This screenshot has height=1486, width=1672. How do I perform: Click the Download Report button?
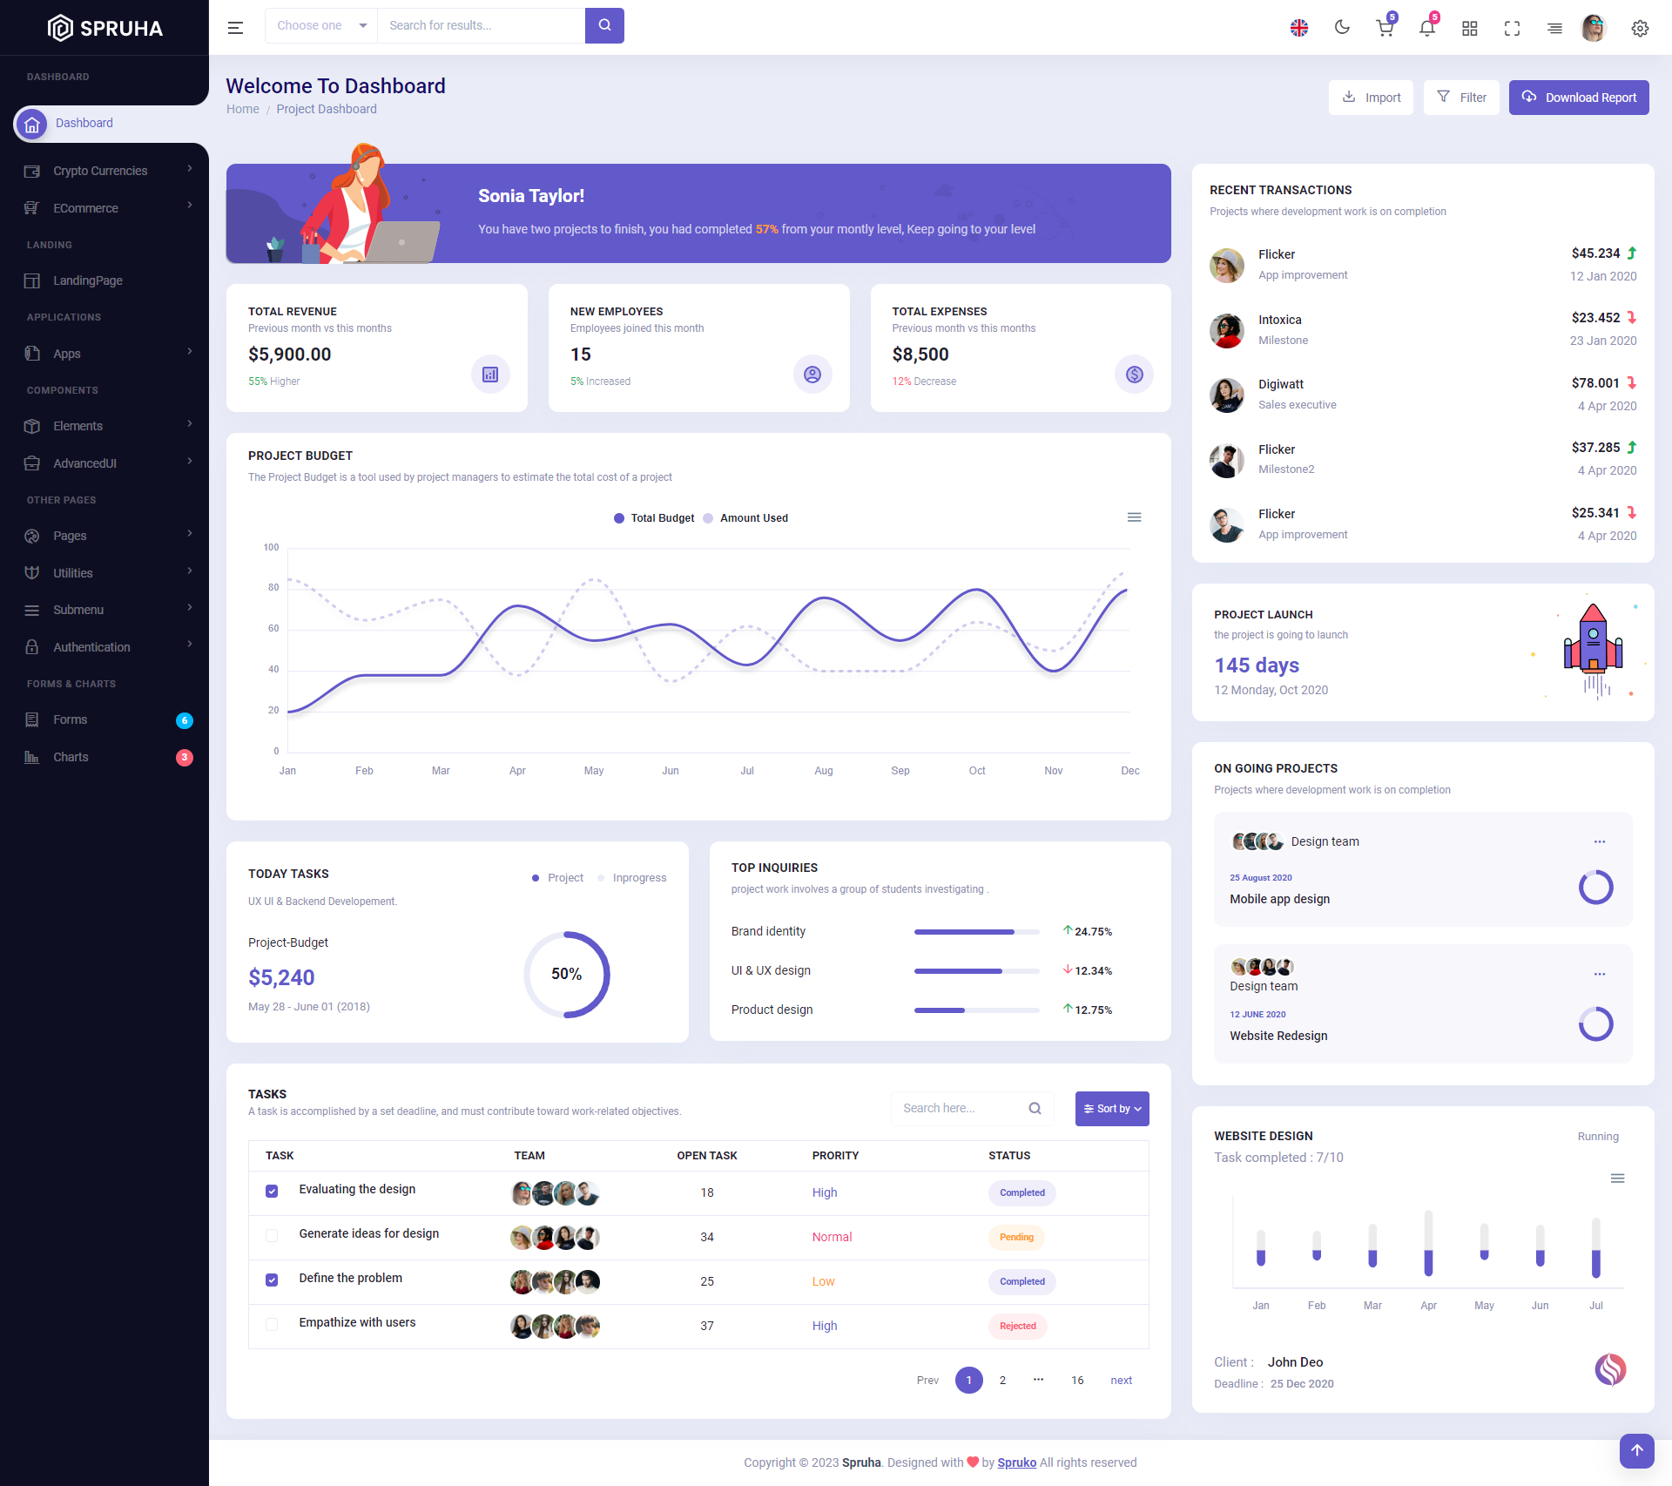point(1578,98)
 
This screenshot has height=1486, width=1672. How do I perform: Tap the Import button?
point(1371,98)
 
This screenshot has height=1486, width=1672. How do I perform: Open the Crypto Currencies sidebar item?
point(100,171)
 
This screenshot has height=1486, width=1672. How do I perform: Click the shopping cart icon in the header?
point(1384,28)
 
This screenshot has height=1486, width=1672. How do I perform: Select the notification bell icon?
point(1426,28)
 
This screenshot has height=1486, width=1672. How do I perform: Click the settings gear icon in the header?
point(1640,28)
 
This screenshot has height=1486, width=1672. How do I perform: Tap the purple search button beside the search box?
point(604,25)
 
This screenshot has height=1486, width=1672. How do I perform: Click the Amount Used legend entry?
point(753,518)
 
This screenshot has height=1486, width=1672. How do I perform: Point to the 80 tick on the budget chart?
point(273,588)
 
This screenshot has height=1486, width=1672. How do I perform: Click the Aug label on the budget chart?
point(823,771)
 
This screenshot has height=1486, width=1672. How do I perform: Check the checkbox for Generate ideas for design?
point(272,1235)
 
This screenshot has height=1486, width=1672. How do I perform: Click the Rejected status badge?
point(1017,1326)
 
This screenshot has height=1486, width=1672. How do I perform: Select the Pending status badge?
point(1016,1237)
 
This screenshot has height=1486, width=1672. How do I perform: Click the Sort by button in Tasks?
point(1111,1109)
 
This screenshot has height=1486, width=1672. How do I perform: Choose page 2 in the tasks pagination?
point(1002,1381)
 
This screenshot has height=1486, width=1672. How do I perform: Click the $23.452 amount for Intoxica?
point(1595,318)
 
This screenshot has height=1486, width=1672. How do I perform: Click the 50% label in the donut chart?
point(566,974)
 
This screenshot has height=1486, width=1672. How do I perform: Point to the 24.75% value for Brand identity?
point(1093,932)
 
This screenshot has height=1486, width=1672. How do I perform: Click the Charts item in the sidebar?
point(71,757)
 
